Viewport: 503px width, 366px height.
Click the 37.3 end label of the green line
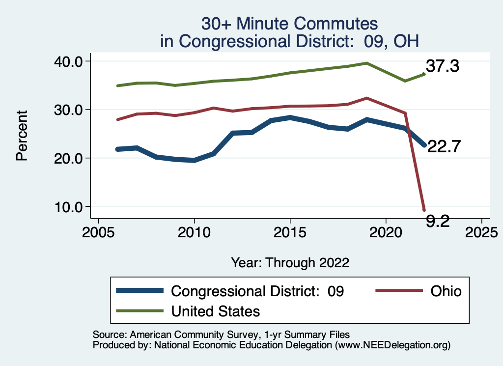point(442,66)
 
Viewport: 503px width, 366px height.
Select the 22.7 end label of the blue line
point(444,146)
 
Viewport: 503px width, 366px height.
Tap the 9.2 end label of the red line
point(438,222)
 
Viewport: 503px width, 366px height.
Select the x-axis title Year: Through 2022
point(290,263)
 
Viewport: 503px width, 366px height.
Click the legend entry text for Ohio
point(446,291)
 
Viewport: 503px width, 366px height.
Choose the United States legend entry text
point(215,311)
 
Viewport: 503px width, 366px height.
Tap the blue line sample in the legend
point(140,291)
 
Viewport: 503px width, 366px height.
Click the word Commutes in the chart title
point(337,24)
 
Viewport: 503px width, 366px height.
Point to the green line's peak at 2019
point(366,63)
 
